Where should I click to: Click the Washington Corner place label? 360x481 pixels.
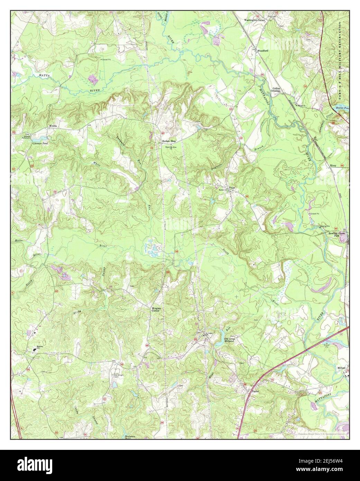click(x=255, y=20)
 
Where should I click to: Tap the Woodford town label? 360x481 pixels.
click(x=263, y=51)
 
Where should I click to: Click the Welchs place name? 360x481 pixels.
click(x=53, y=126)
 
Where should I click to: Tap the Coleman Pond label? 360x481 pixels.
click(x=40, y=143)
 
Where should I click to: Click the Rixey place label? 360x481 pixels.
click(x=333, y=166)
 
